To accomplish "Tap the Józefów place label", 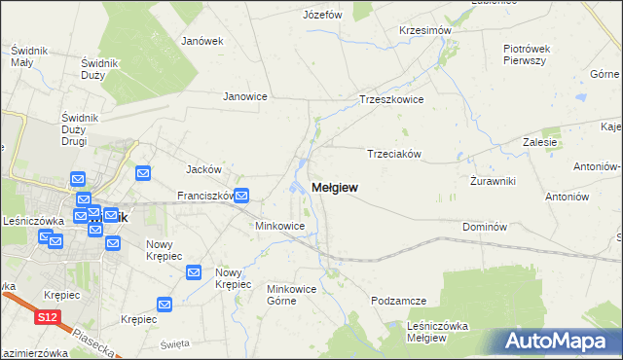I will [322, 15].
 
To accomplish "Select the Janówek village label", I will [202, 41].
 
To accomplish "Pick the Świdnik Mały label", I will [21, 55].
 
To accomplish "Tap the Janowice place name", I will [245, 96].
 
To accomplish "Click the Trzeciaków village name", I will [393, 154].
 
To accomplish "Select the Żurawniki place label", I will [492, 181].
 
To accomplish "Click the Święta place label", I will [175, 344].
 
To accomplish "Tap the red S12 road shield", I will [47, 317].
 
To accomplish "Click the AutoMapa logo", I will [563, 341].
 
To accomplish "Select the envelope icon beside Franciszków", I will [241, 195].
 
